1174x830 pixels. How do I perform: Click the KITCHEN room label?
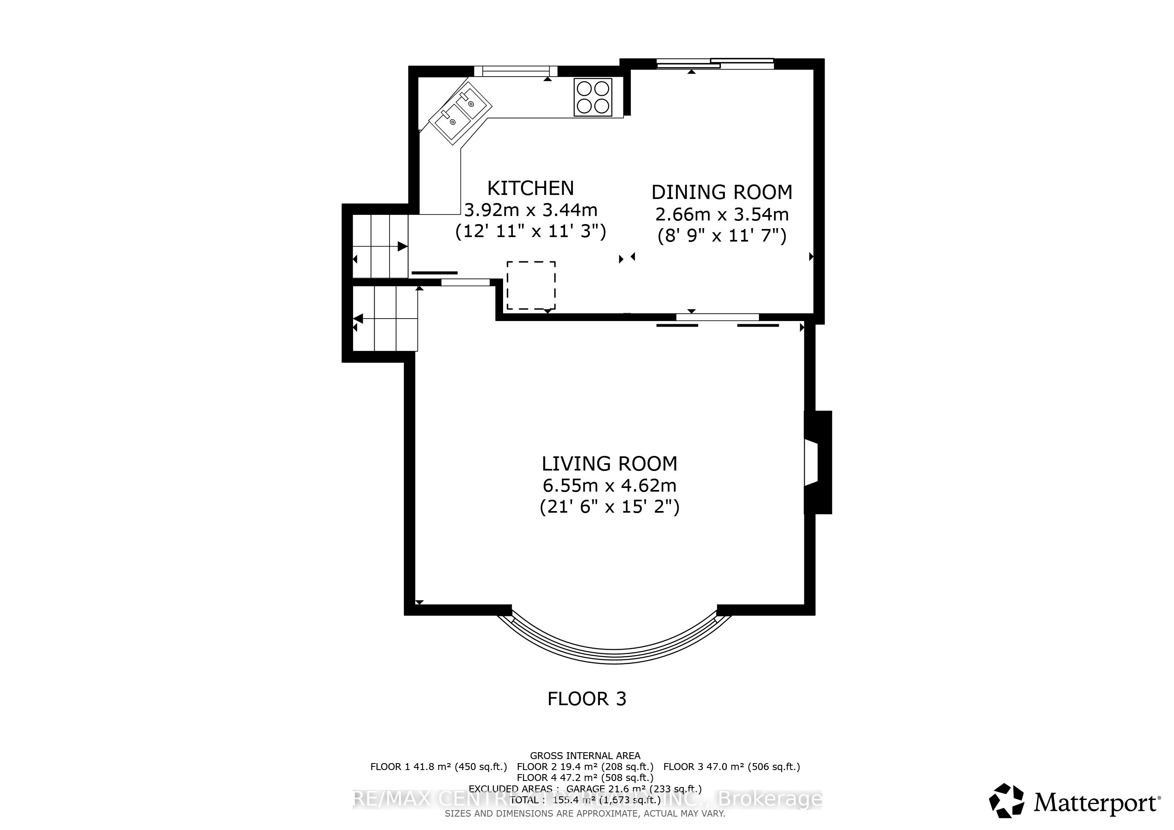(x=530, y=188)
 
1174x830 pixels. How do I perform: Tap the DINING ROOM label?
(x=722, y=192)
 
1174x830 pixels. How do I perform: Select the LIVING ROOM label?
(x=609, y=464)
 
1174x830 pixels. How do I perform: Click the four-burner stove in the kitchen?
(x=593, y=97)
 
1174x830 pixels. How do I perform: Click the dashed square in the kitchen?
(x=531, y=285)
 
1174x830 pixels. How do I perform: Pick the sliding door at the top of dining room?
(x=715, y=64)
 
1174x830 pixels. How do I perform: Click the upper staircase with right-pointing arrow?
(x=380, y=246)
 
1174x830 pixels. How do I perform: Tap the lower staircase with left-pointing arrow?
(x=386, y=319)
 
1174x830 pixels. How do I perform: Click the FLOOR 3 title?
(x=587, y=699)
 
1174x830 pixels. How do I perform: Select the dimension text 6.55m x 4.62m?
(x=609, y=485)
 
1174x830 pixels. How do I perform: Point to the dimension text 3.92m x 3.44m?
(x=530, y=210)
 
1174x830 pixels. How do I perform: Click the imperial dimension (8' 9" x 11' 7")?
(x=722, y=235)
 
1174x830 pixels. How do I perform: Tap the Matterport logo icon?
(x=1006, y=800)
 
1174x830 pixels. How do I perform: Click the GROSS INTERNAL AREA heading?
(x=585, y=755)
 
